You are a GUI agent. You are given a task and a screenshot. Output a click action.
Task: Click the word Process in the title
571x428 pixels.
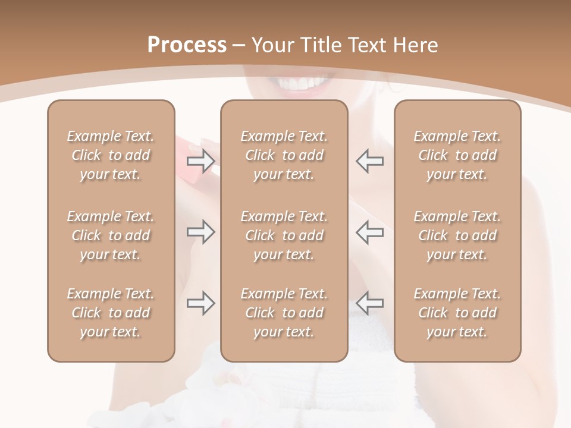pyautogui.click(x=187, y=45)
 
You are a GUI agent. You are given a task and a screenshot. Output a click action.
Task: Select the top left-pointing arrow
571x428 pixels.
pyautogui.click(x=369, y=160)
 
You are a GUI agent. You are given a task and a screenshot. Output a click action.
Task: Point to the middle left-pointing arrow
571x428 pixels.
pyautogui.click(x=369, y=232)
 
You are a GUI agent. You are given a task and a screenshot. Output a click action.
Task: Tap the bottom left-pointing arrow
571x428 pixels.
pyautogui.click(x=369, y=303)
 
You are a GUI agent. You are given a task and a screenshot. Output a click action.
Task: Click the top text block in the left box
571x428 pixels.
pyautogui.click(x=111, y=155)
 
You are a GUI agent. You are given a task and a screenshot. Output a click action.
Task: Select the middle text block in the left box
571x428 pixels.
pyautogui.click(x=111, y=235)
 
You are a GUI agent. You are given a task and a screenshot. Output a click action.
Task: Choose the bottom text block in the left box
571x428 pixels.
pyautogui.click(x=111, y=313)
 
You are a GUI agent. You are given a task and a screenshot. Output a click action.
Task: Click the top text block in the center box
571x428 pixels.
pyautogui.click(x=284, y=155)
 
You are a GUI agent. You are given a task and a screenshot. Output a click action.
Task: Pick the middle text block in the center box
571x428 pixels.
pyautogui.click(x=284, y=235)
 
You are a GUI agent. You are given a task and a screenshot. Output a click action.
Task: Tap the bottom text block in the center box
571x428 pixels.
pyautogui.click(x=284, y=313)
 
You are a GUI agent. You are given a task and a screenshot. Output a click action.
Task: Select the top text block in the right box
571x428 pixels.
pyautogui.click(x=457, y=155)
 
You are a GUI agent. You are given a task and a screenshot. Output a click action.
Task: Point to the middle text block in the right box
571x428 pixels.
pyautogui.click(x=457, y=235)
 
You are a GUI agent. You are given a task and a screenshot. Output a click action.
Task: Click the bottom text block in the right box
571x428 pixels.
pyautogui.click(x=457, y=313)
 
